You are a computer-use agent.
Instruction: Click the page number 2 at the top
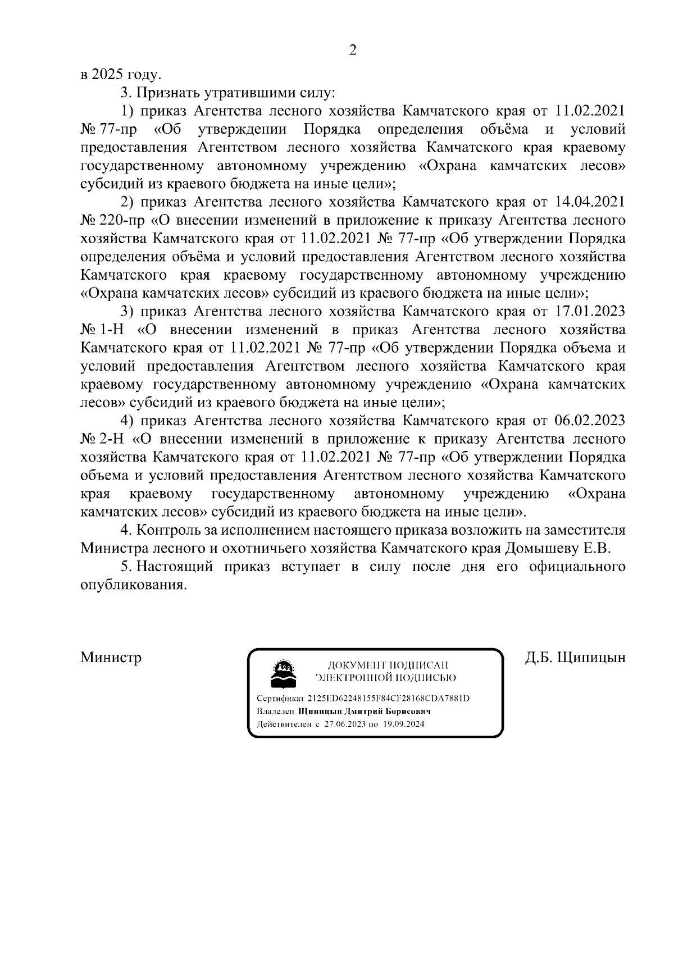pos(353,50)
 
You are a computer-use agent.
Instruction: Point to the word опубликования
pos(133,585)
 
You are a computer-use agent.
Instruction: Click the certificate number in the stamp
pos(388,699)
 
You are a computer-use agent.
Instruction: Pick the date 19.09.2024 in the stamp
pos(404,724)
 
